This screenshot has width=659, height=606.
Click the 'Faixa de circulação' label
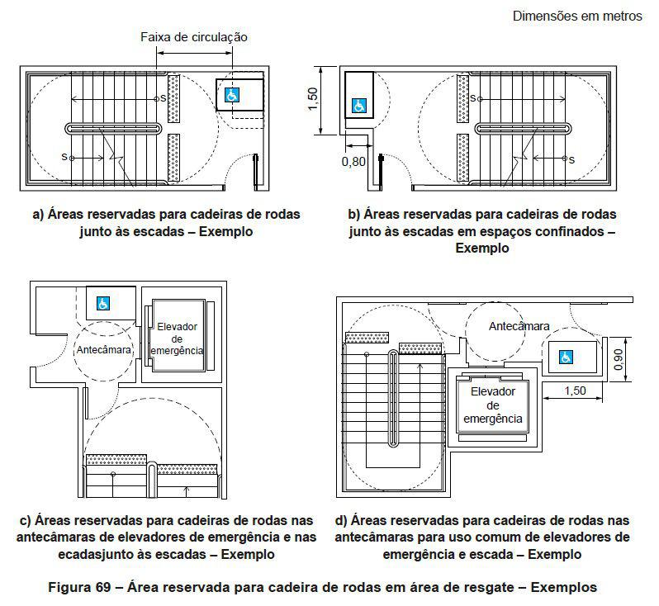click(193, 37)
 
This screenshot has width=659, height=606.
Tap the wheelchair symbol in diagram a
click(231, 96)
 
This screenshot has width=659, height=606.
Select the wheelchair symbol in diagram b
click(359, 106)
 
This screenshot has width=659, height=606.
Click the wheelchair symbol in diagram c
click(104, 303)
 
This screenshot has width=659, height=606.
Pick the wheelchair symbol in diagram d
click(566, 357)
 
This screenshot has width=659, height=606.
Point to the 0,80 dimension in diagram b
click(353, 162)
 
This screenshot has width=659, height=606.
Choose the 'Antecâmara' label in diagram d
click(519, 326)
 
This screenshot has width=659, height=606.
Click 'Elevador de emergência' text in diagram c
click(178, 339)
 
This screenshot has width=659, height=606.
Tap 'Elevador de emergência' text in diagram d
click(492, 405)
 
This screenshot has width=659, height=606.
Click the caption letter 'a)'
click(38, 214)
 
